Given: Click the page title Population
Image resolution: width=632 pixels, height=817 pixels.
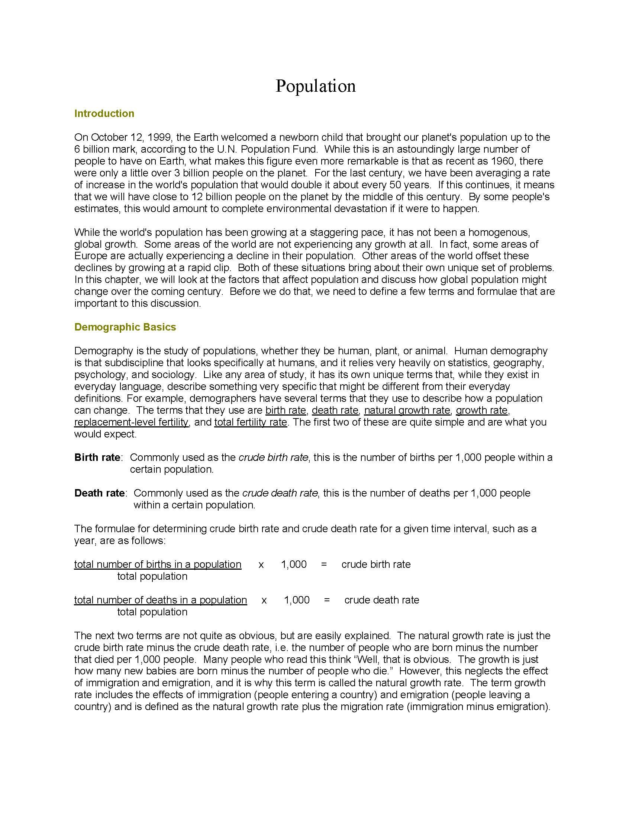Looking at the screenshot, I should tap(315, 86).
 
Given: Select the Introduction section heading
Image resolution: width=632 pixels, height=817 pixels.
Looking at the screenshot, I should tap(104, 113).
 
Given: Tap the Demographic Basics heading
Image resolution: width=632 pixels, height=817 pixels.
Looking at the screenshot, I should tap(125, 327).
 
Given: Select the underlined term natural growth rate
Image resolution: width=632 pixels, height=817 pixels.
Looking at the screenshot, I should tap(407, 410).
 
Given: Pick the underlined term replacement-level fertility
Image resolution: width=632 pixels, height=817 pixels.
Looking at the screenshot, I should tap(131, 422).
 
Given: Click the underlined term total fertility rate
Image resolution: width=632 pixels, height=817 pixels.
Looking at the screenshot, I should tap(251, 422).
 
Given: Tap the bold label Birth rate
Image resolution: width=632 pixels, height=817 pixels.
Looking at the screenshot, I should tap(97, 458).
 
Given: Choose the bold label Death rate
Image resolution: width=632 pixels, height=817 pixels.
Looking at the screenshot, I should tap(99, 493).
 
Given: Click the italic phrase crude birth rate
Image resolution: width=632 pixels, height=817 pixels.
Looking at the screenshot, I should tap(273, 458).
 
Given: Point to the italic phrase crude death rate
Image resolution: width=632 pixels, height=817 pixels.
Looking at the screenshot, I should tap(280, 493).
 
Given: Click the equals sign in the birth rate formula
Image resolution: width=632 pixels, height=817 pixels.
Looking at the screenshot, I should tap(324, 564).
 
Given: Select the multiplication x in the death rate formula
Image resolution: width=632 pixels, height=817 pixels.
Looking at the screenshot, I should tap(264, 600).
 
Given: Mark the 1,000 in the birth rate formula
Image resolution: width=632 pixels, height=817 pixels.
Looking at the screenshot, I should tap(294, 564).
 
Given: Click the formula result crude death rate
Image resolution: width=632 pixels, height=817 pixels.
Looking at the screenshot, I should tap(381, 600).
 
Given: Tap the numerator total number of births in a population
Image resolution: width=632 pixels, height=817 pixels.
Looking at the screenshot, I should tap(158, 564).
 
